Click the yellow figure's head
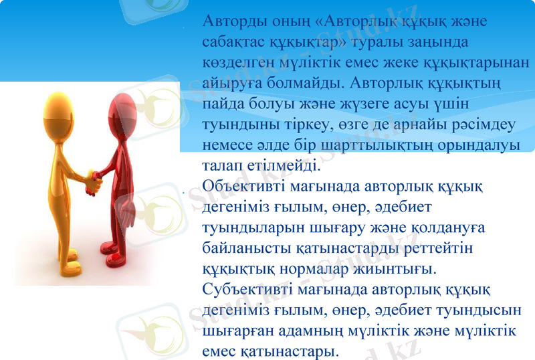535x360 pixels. tap(56, 106)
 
